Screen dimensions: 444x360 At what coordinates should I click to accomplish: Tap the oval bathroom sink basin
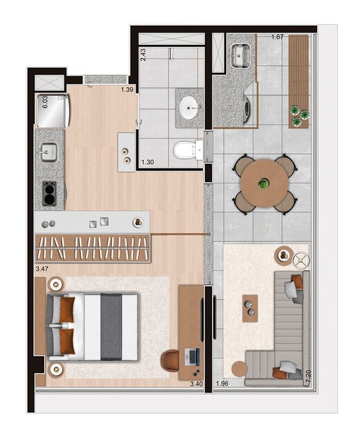(x=188, y=108)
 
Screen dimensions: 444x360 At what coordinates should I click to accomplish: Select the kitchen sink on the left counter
(x=48, y=152)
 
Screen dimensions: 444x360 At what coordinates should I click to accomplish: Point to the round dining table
(x=264, y=184)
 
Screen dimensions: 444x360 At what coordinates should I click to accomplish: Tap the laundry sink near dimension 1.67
(x=242, y=54)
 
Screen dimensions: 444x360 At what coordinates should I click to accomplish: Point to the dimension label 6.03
(x=46, y=103)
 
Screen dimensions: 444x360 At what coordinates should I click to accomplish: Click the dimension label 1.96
(x=222, y=384)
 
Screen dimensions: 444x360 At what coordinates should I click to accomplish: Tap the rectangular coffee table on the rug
(x=249, y=308)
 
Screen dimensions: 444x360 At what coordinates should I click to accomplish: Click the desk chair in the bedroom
(x=172, y=360)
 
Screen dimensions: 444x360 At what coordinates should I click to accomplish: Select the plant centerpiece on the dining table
(x=263, y=184)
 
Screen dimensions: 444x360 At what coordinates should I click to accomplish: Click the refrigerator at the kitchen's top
(x=53, y=111)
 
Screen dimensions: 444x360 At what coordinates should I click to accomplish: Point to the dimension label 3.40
(x=197, y=384)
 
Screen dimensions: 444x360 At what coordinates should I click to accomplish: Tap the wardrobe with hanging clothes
(x=93, y=248)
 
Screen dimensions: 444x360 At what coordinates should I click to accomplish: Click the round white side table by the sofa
(x=301, y=260)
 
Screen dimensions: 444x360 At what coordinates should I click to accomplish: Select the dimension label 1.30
(x=147, y=163)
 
